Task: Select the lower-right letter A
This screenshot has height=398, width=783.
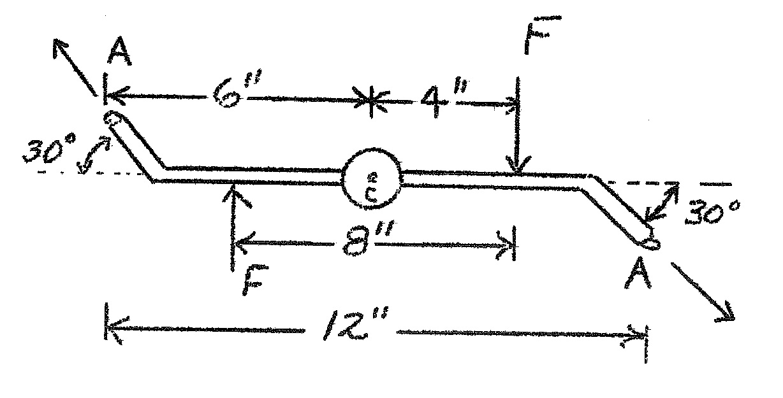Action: pyautogui.click(x=640, y=275)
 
